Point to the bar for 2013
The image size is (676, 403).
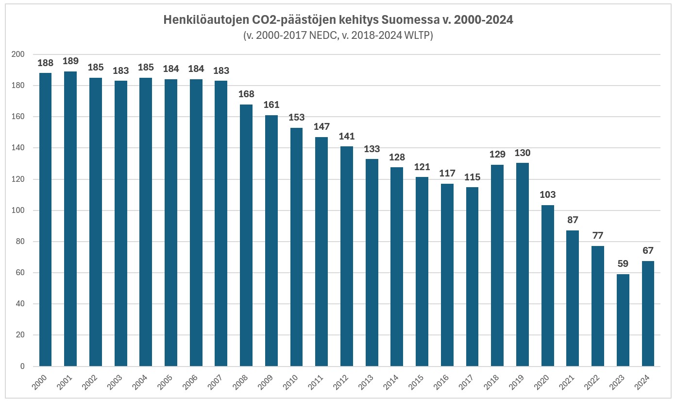click(x=372, y=263)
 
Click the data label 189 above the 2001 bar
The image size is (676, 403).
click(x=70, y=61)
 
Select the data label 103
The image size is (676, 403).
click(x=548, y=195)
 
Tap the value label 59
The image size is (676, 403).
click(x=623, y=264)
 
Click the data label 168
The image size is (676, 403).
click(x=246, y=94)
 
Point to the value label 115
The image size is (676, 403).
click(x=473, y=177)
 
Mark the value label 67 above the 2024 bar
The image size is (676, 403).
click(x=648, y=251)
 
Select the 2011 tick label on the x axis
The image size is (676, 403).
click(x=320, y=382)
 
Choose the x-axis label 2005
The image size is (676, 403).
click(x=169, y=382)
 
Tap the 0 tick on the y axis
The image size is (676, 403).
click(x=22, y=367)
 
